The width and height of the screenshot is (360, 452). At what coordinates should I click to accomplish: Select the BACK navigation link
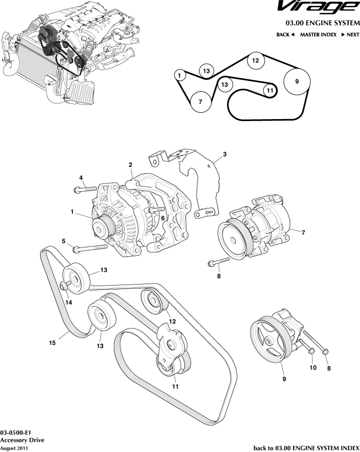285,35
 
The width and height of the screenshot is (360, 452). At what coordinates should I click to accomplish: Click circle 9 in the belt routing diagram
297,82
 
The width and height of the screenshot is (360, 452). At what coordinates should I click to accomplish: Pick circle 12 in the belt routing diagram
255,61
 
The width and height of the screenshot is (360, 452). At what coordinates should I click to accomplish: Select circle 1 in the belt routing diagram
180,75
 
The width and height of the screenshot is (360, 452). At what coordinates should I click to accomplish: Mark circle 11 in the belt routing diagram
269,90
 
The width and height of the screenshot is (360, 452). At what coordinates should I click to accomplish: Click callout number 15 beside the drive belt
52,343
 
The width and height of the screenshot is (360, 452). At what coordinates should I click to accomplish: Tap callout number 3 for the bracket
224,155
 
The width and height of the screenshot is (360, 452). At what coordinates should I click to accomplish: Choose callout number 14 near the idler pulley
68,303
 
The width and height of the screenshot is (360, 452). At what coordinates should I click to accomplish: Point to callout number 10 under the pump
313,367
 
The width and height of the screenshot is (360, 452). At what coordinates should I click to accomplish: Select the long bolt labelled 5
90,249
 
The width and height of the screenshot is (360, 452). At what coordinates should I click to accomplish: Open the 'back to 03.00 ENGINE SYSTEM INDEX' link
306,448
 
